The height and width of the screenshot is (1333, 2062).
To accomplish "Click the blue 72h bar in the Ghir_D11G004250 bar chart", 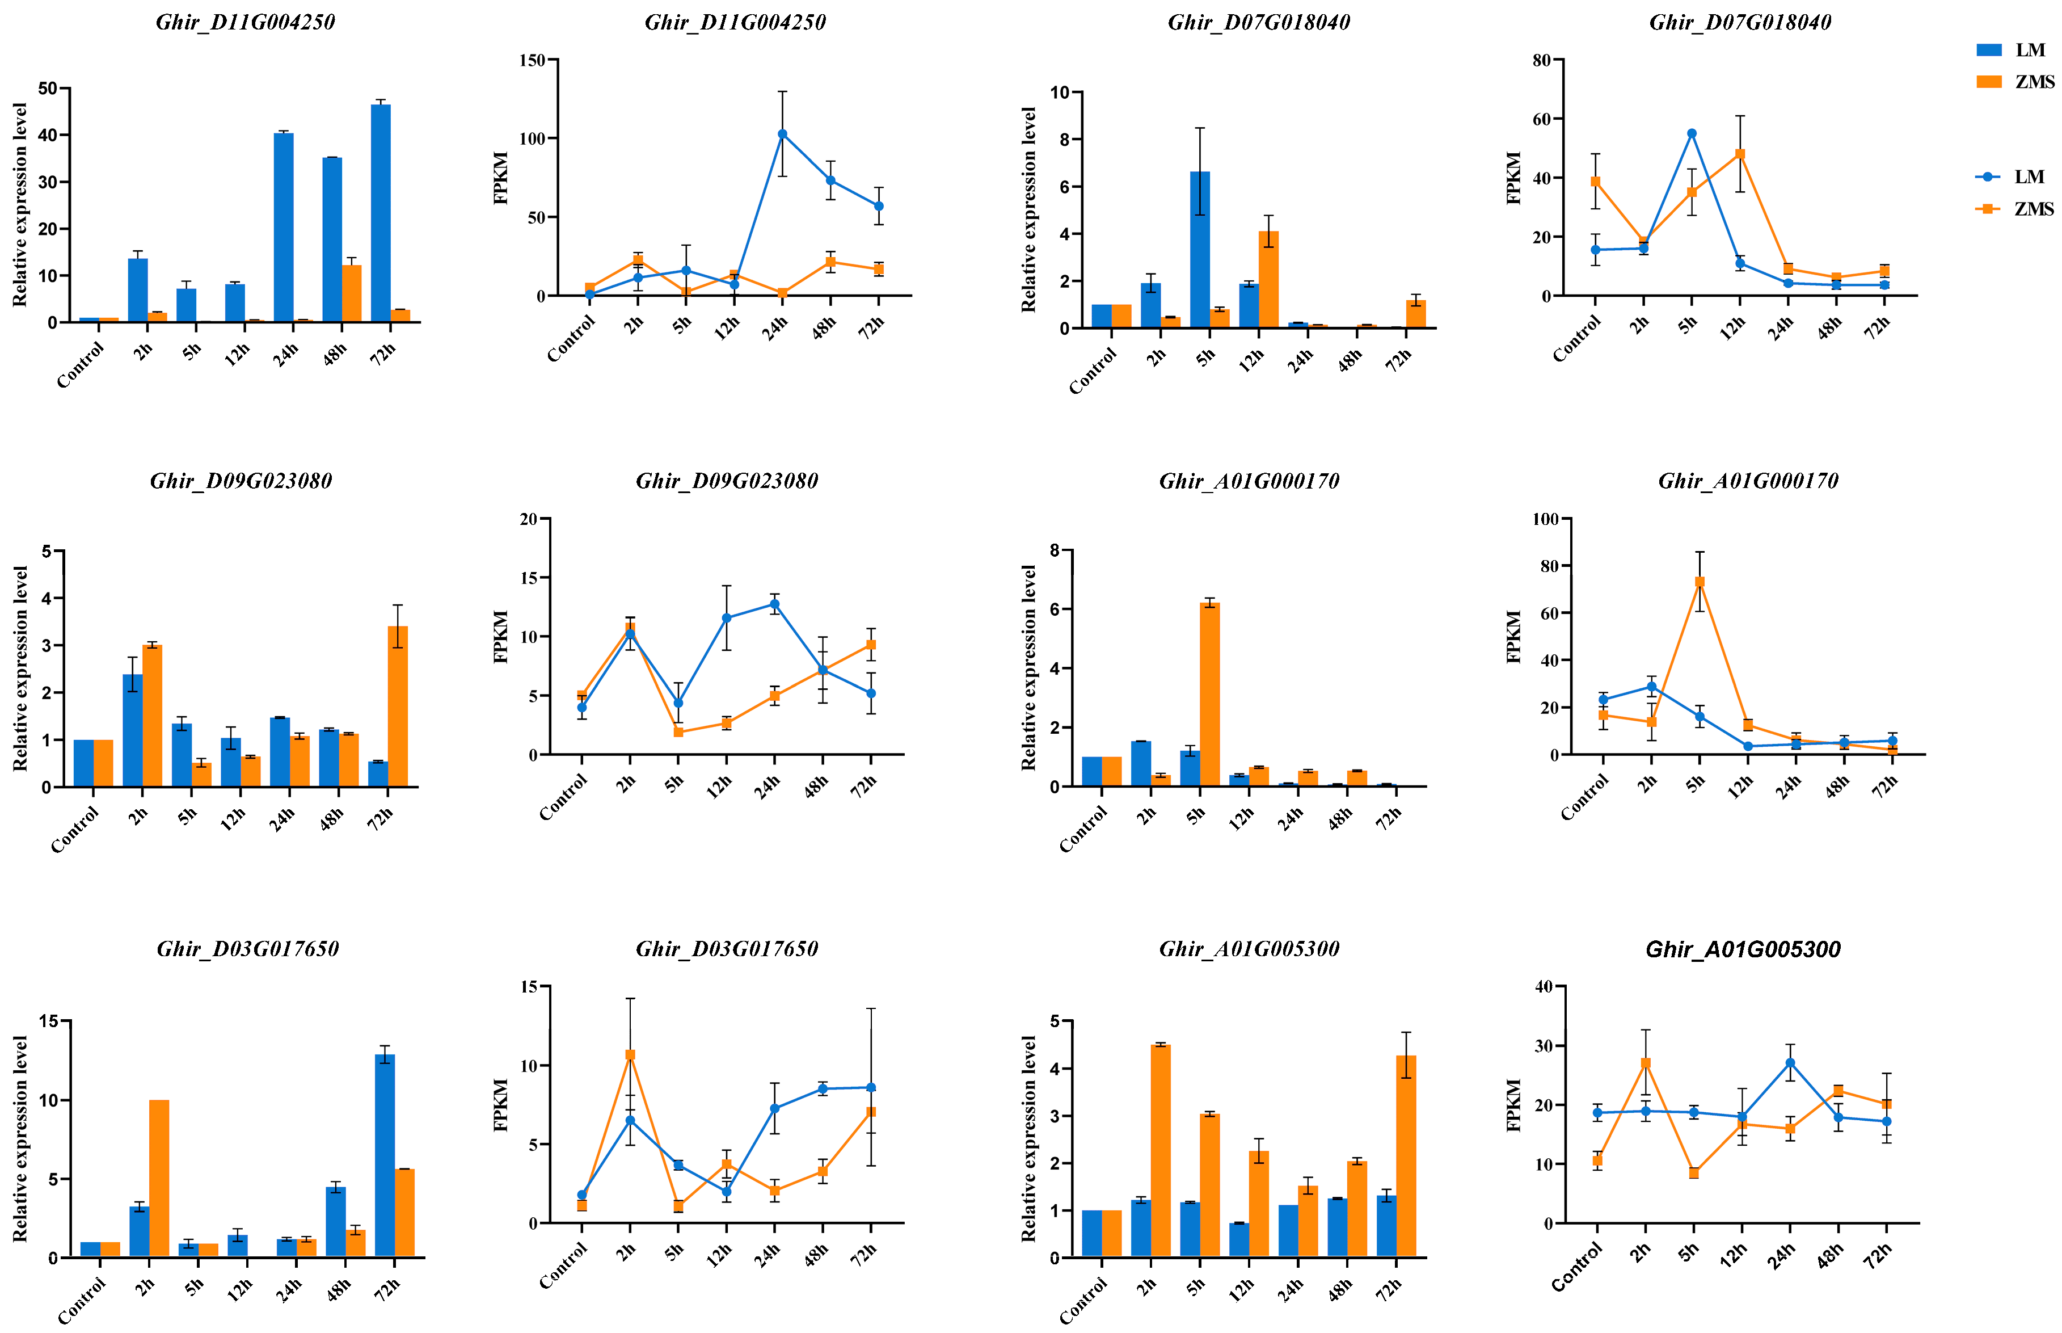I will [381, 213].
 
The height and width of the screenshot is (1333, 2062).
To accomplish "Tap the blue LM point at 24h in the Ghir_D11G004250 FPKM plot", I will [782, 134].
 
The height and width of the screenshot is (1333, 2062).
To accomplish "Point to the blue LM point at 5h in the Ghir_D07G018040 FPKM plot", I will [1692, 134].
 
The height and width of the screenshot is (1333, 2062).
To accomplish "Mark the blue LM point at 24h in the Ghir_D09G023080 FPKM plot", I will [774, 604].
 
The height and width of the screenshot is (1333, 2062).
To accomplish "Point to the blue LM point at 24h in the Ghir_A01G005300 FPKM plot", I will [1790, 1063].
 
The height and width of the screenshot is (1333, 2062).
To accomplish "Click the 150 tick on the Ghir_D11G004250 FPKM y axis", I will [532, 61].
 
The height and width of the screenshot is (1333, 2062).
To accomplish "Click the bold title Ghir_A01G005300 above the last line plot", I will [1743, 949].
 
